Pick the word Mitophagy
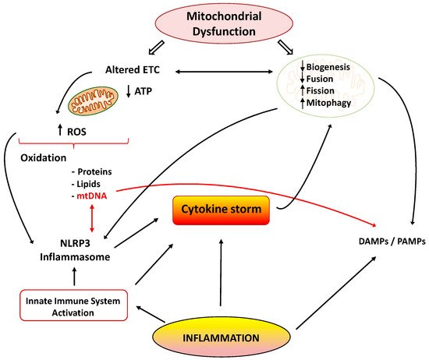point(331,102)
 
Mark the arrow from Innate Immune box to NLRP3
point(75,277)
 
